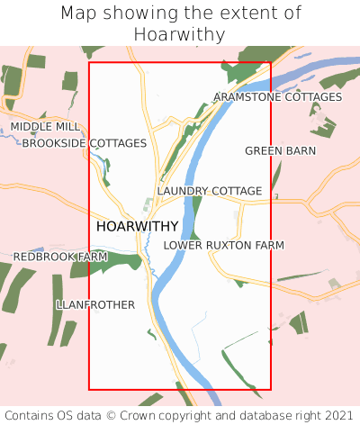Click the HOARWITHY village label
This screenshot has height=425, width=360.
coord(137,226)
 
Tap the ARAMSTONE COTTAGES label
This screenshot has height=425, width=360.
coord(277,96)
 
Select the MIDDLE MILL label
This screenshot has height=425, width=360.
coord(45,127)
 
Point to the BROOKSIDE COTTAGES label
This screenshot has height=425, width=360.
coord(84,143)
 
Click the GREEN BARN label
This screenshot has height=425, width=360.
coord(280,150)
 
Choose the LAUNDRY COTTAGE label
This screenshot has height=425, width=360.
coord(209,191)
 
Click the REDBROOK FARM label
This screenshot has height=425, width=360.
coord(59,257)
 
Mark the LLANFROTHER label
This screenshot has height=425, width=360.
coord(94,304)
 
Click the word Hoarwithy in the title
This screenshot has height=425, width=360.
coord(180,34)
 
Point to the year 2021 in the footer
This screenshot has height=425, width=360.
coord(337,415)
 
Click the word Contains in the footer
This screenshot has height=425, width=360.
coord(31,415)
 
